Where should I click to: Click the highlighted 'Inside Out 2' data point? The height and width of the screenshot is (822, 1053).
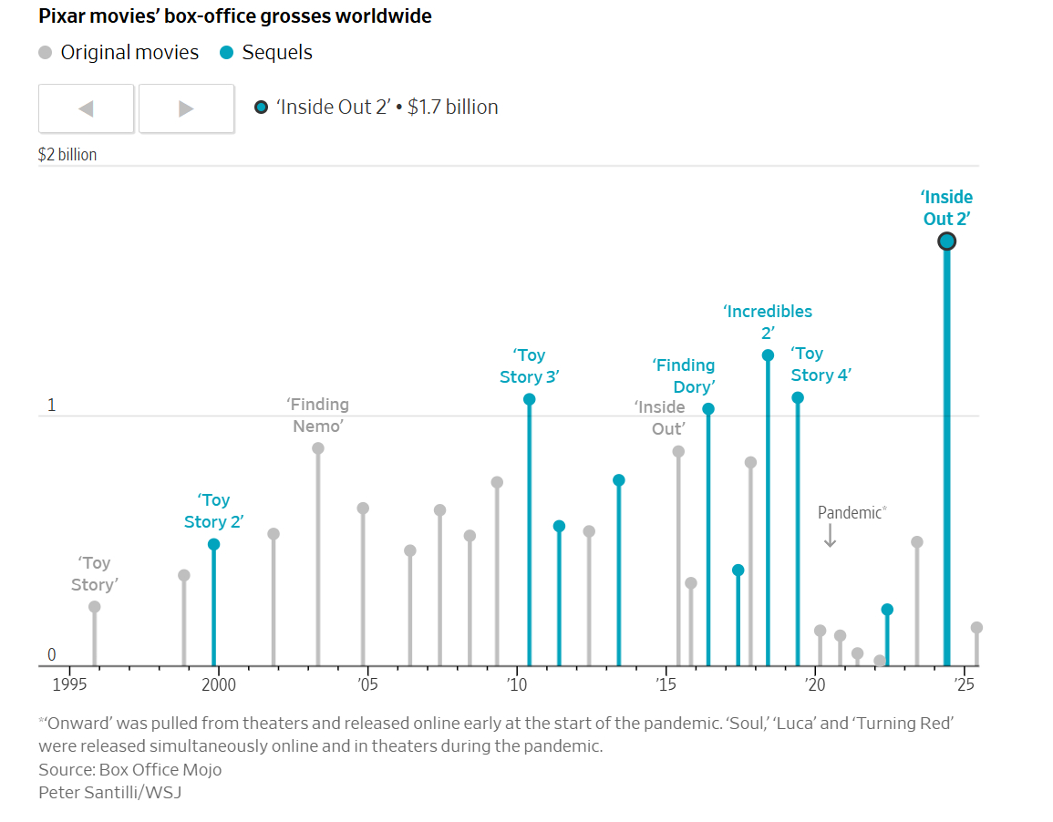point(946,241)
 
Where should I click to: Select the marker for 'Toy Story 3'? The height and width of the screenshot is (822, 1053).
point(529,399)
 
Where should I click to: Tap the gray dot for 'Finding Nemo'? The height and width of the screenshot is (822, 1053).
point(318,448)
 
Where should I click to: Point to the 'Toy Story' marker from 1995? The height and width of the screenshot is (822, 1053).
point(94,607)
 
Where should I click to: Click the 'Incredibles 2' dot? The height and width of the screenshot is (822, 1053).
point(768,355)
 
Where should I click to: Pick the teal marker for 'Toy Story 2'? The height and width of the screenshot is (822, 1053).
point(213,544)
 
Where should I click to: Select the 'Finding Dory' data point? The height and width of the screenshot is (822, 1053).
point(708,409)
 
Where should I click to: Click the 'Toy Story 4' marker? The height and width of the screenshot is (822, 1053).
point(798,397)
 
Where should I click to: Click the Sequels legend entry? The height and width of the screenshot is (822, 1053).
point(266,53)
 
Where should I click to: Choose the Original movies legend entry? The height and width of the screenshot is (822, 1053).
point(119,53)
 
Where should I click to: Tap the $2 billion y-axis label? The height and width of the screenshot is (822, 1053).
point(67,155)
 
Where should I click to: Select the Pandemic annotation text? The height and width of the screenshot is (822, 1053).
point(851,512)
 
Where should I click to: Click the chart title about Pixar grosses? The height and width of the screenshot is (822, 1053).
point(235,16)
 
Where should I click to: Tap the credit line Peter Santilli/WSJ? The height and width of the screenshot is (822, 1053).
point(109,792)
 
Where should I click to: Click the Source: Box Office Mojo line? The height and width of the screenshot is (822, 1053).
point(129,769)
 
